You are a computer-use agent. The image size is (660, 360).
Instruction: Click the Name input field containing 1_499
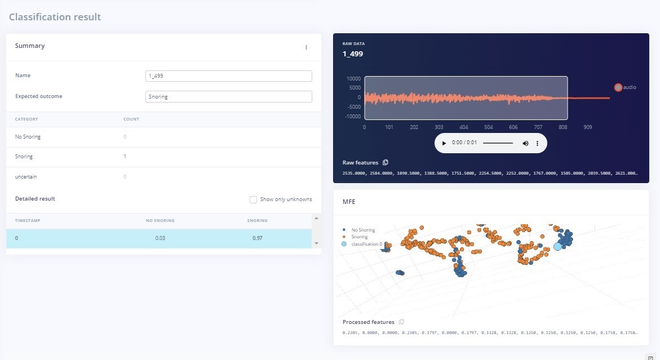228,76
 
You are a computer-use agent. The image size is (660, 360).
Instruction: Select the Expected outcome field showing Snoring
228,97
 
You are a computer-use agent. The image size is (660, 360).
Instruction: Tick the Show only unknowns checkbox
254,199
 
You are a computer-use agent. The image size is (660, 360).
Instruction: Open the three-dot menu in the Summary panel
306,47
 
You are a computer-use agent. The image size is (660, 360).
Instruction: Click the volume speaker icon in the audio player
525,143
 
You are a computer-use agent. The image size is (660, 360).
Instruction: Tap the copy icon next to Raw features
386,163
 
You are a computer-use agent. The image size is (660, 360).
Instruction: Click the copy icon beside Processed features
401,322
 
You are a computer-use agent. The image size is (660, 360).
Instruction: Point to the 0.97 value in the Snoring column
258,238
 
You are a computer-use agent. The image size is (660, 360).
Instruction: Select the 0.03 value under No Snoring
160,238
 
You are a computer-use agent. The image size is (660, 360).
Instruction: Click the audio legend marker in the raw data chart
618,87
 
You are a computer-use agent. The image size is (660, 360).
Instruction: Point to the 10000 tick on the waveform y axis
353,79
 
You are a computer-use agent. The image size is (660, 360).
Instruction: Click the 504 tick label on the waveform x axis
488,127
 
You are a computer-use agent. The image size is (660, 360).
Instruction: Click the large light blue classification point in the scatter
558,246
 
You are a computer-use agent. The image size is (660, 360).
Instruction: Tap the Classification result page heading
55,17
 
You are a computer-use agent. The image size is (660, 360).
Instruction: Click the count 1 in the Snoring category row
125,157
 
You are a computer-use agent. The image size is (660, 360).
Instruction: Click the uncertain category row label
26,177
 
